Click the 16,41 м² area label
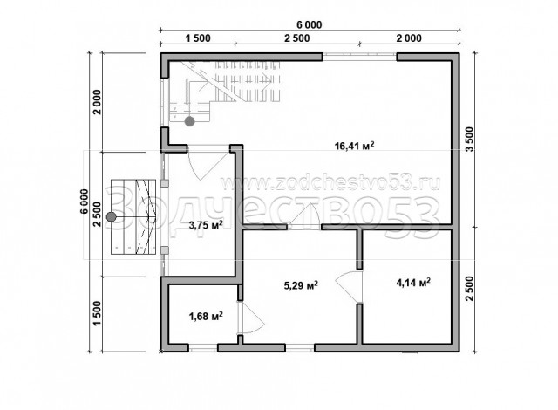[x=355, y=146]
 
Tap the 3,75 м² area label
[x=206, y=225]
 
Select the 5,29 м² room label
[x=301, y=285]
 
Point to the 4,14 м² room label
[x=413, y=283]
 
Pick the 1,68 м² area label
[x=206, y=316]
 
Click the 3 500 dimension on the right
[x=471, y=140]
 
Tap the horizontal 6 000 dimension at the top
[x=310, y=24]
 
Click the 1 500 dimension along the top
[x=198, y=38]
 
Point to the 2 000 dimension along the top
[x=409, y=38]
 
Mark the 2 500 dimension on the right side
[x=471, y=288]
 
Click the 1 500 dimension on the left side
[x=97, y=313]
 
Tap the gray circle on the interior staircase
[x=190, y=122]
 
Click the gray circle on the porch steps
[x=112, y=216]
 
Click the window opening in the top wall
[x=360, y=57]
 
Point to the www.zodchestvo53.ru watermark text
[x=330, y=183]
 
